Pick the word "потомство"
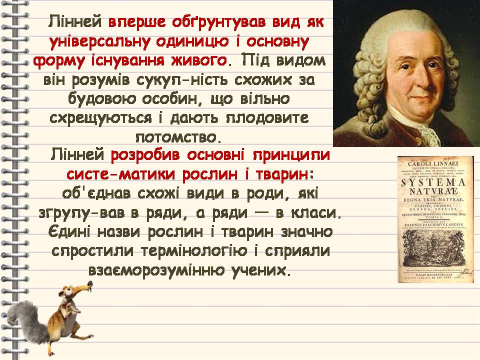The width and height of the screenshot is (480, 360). [x=177, y=136]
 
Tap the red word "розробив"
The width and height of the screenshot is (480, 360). [x=146, y=155]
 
